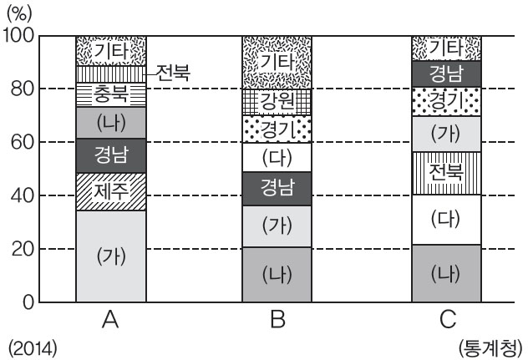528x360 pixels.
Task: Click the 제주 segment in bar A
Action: click(111, 191)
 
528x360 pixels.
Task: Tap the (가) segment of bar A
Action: click(111, 256)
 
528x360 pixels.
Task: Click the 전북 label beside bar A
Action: click(173, 74)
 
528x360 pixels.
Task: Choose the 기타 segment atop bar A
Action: click(111, 50)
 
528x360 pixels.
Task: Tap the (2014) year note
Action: click(33, 346)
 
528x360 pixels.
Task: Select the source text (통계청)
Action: click(491, 346)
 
